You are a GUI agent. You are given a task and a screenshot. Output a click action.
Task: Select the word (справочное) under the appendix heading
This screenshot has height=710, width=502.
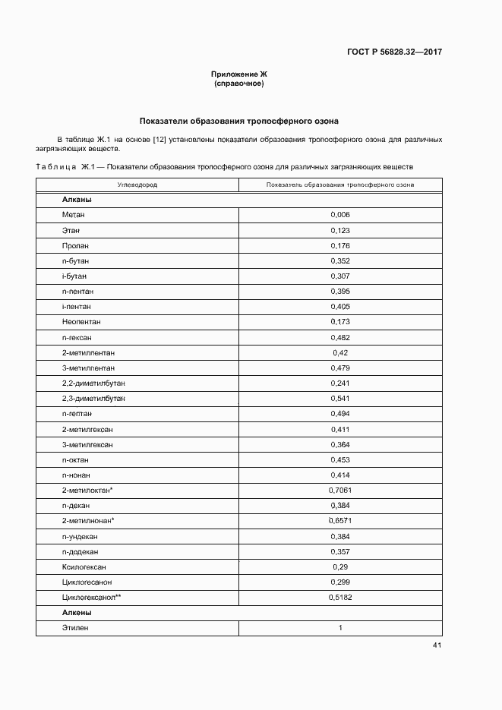[239, 84]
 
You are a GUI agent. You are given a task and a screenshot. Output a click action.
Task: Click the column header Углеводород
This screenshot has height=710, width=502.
[137, 185]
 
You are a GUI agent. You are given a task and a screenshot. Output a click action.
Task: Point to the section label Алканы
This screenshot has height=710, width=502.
[77, 200]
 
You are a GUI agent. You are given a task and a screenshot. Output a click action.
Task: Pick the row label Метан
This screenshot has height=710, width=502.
[74, 215]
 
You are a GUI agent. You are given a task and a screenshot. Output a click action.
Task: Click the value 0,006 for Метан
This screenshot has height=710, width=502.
[340, 215]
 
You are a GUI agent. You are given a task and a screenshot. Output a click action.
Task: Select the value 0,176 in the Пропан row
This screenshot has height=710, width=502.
[340, 245]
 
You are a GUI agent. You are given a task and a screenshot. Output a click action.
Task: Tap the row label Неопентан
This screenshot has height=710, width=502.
[81, 322]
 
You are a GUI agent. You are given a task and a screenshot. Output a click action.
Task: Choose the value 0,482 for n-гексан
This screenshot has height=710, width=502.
[340, 337]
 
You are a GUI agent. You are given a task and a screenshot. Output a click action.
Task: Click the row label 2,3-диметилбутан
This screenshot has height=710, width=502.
[93, 399]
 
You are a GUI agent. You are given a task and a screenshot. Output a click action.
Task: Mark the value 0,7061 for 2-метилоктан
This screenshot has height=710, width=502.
[340, 491]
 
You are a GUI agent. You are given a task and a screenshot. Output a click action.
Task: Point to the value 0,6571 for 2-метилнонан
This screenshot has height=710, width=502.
[340, 521]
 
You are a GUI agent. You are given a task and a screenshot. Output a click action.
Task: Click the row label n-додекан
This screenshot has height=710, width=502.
[80, 551]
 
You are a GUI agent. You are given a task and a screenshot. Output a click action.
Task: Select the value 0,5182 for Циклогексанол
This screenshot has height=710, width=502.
[340, 598]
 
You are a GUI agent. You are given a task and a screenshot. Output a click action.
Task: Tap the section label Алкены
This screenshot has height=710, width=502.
[77, 613]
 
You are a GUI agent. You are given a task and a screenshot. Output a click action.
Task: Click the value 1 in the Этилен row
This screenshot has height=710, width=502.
[340, 628]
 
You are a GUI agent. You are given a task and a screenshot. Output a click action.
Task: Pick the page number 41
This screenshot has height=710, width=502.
[437, 645]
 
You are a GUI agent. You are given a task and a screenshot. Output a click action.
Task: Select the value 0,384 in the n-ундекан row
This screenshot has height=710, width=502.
[340, 536]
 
